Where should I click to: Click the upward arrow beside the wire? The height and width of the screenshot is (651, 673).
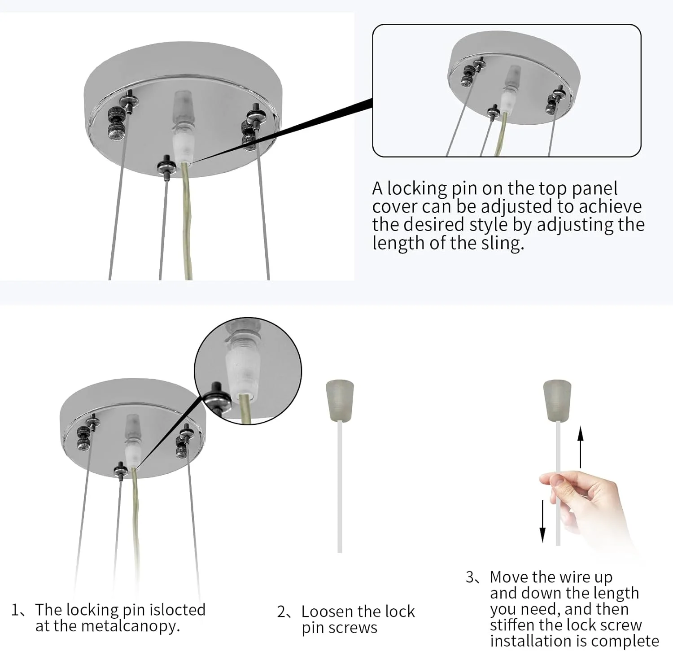click(x=581, y=447)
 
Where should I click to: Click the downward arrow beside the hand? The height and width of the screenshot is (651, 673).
click(x=542, y=521)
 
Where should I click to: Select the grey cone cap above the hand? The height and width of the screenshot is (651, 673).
click(x=557, y=401)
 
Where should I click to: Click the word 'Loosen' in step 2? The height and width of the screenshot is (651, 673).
click(x=328, y=612)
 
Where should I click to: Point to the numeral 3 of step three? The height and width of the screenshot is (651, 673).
click(x=470, y=577)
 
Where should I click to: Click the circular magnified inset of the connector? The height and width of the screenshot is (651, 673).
click(x=248, y=371)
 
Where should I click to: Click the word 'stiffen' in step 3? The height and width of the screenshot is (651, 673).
click(x=512, y=625)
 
